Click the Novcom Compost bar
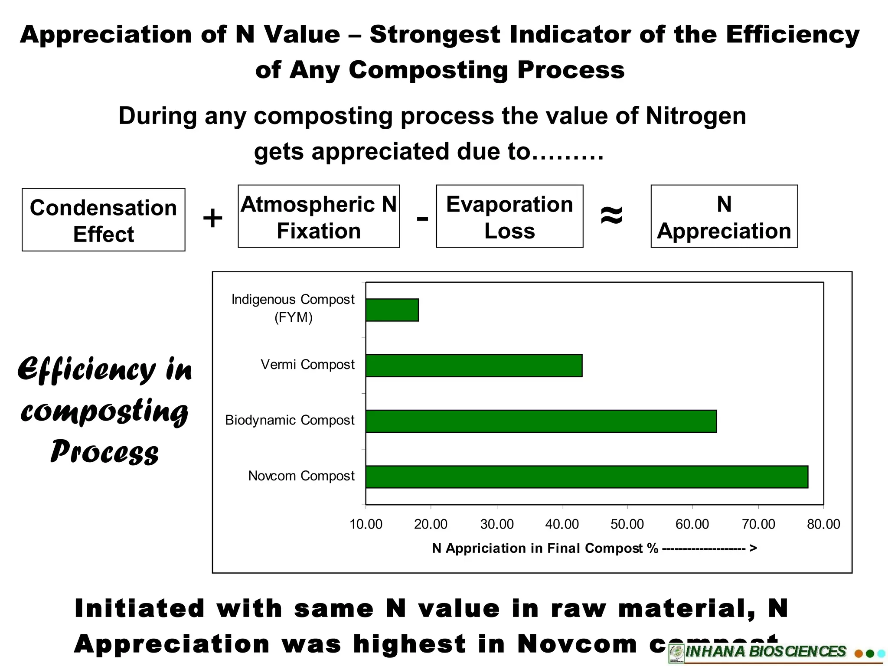pos(587,477)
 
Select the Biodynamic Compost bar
pos(541,421)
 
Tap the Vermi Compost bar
pos(473,366)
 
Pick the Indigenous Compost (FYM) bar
pos(392,310)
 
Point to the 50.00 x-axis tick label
pos(627,524)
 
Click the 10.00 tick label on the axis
pos(366,524)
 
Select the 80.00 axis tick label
pos(823,524)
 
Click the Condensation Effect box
pos(104,220)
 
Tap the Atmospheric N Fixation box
pos(319,216)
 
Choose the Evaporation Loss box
pos(509,216)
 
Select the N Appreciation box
pos(724,216)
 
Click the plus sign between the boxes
pos(212,218)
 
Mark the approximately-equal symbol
pos(611,215)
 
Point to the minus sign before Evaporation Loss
pos(422,218)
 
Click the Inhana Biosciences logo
pos(765,652)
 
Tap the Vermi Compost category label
pos(307,365)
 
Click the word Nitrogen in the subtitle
pos(695,116)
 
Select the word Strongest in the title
pos(434,35)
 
